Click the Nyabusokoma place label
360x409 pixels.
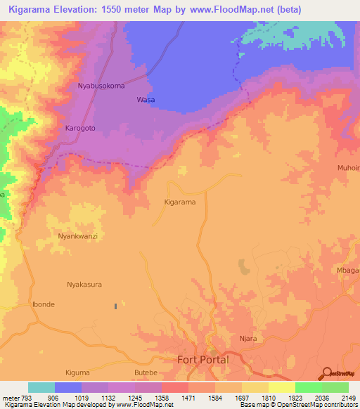coord(101,86)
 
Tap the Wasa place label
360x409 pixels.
coord(146,100)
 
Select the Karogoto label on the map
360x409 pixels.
coord(80,129)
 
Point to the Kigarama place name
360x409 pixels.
coord(179,202)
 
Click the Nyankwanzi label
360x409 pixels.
coord(77,237)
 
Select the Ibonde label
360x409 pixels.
coord(43,304)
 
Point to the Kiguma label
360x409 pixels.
coord(77,372)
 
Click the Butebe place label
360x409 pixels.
coord(146,372)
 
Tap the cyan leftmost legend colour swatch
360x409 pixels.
coord(41,387)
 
